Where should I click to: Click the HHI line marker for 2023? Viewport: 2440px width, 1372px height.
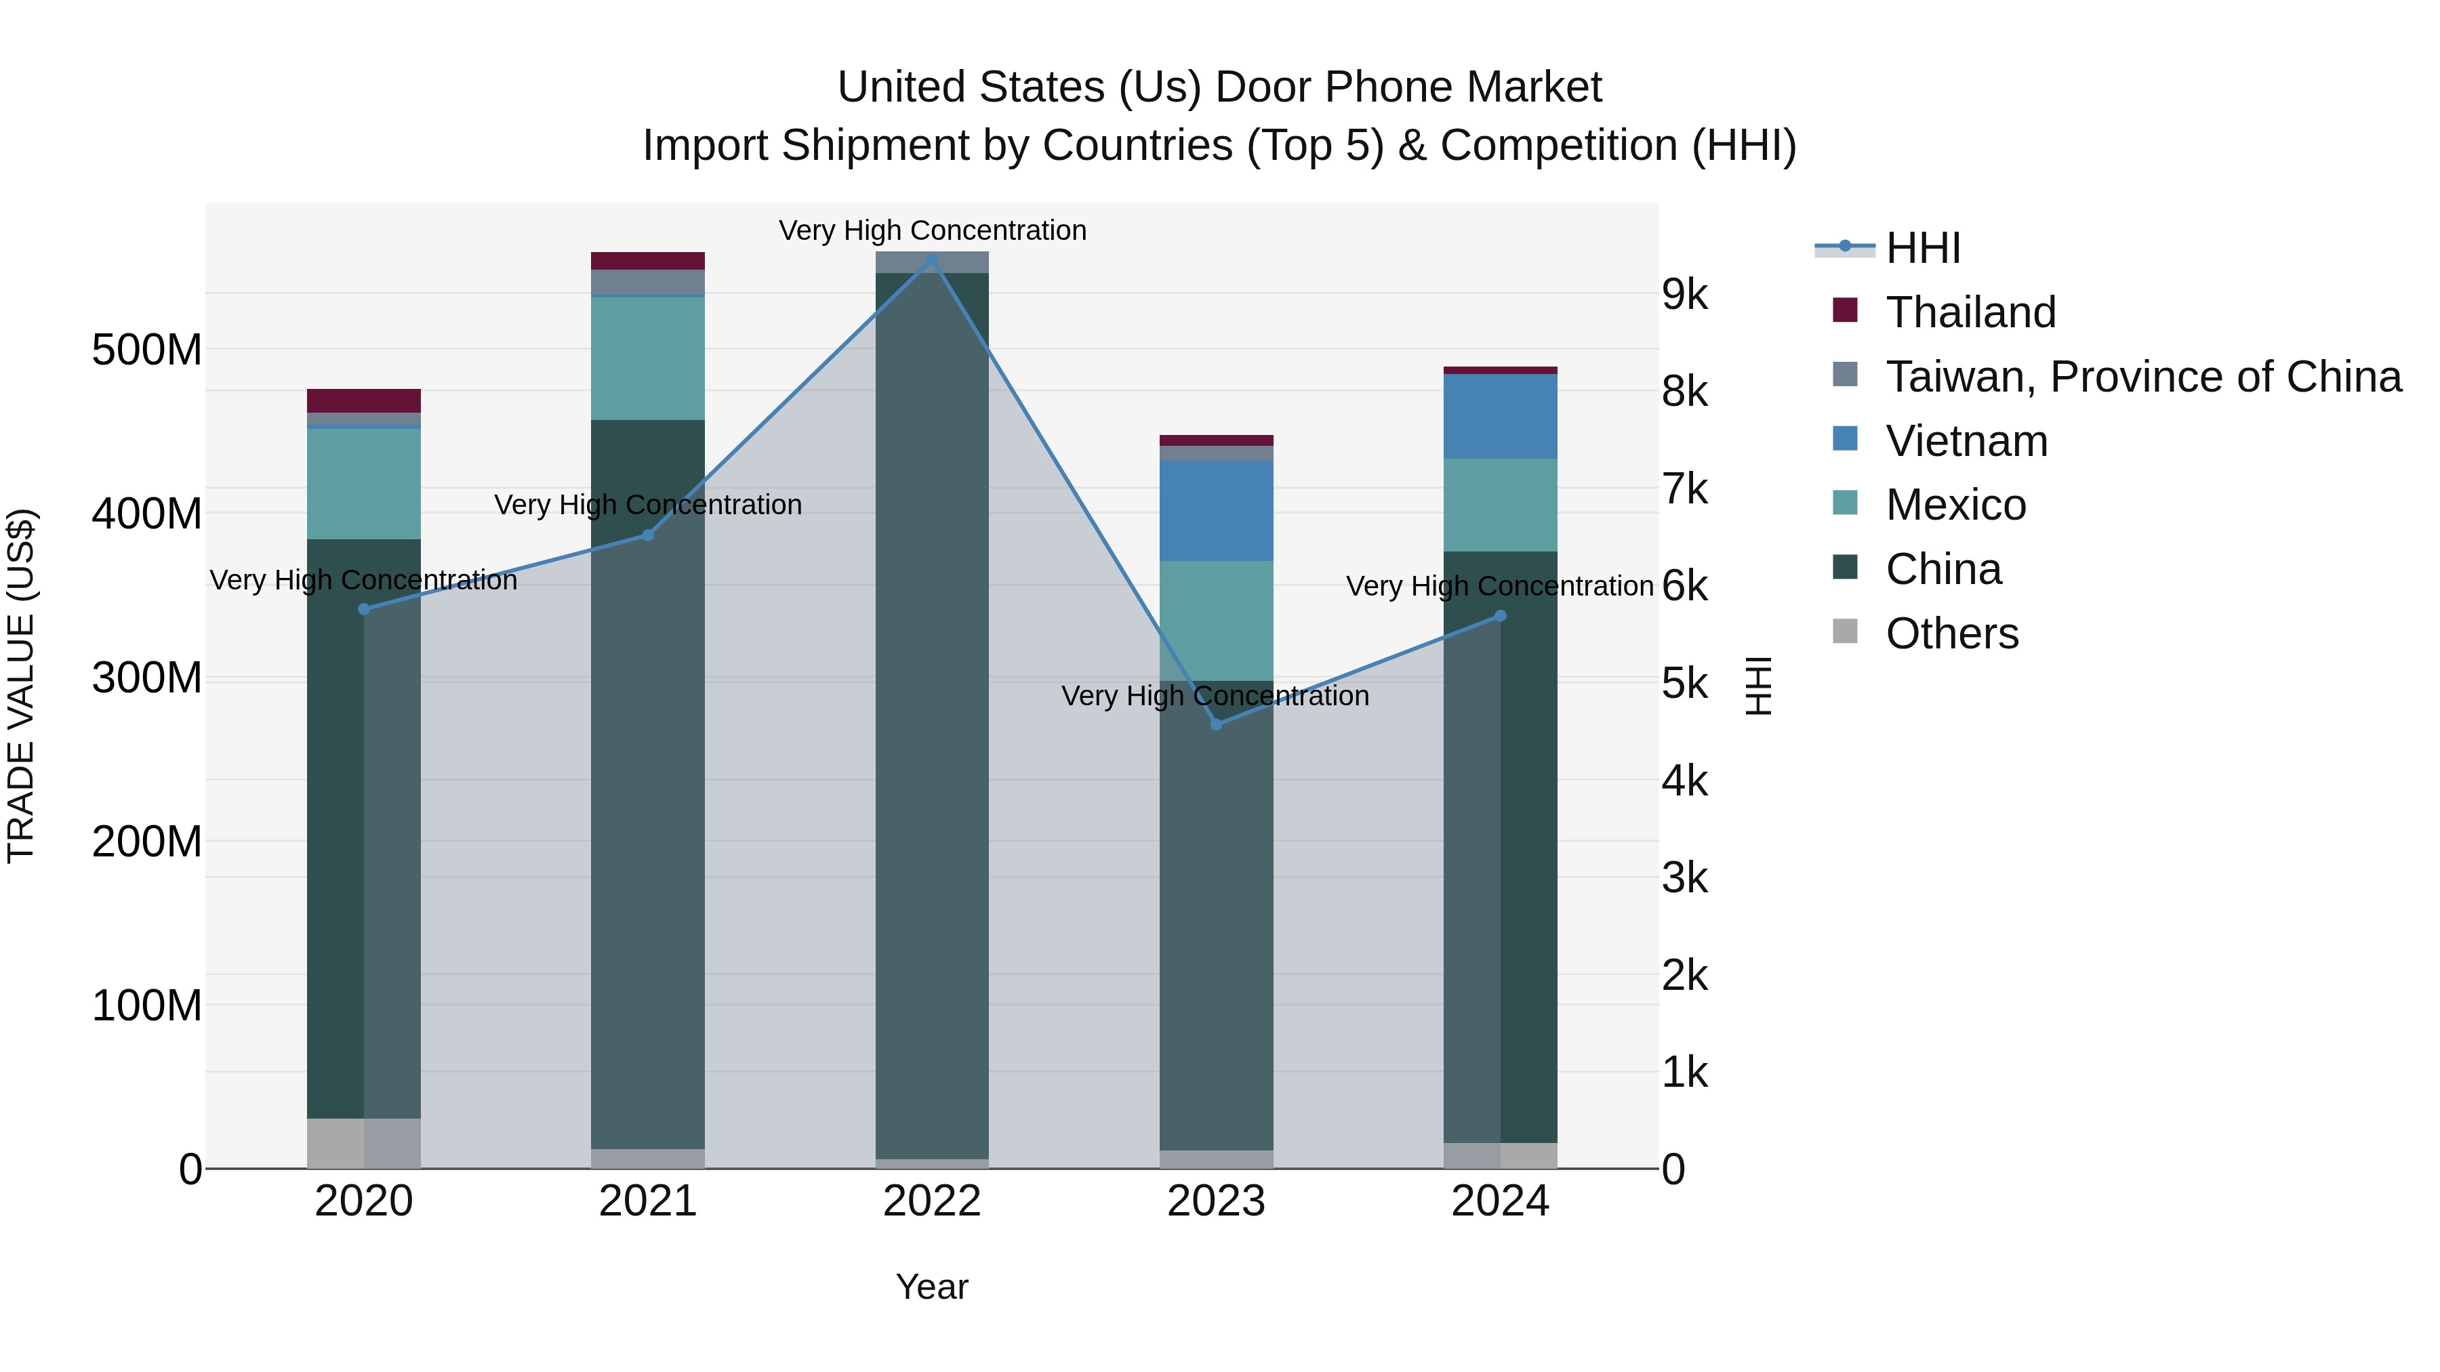[1216, 724]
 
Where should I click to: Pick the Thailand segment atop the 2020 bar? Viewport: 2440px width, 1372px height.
[364, 400]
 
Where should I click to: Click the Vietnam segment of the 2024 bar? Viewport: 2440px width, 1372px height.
[1501, 417]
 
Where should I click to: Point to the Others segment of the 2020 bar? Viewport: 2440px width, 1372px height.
[364, 1143]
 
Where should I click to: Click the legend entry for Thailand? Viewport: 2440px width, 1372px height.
[1970, 312]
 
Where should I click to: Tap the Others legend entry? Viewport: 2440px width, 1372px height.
[1951, 633]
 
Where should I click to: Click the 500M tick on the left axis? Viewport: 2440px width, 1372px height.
[147, 350]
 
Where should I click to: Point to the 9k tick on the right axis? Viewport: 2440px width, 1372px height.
[1684, 295]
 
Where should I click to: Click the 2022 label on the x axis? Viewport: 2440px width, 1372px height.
[932, 1201]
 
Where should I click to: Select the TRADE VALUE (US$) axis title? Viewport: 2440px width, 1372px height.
[21, 686]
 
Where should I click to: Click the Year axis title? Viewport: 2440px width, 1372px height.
[932, 1287]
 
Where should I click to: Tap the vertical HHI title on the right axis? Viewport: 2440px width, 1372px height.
[1758, 686]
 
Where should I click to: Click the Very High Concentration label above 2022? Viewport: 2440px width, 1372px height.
[932, 230]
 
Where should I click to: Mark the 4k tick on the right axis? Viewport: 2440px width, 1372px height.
[1684, 781]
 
